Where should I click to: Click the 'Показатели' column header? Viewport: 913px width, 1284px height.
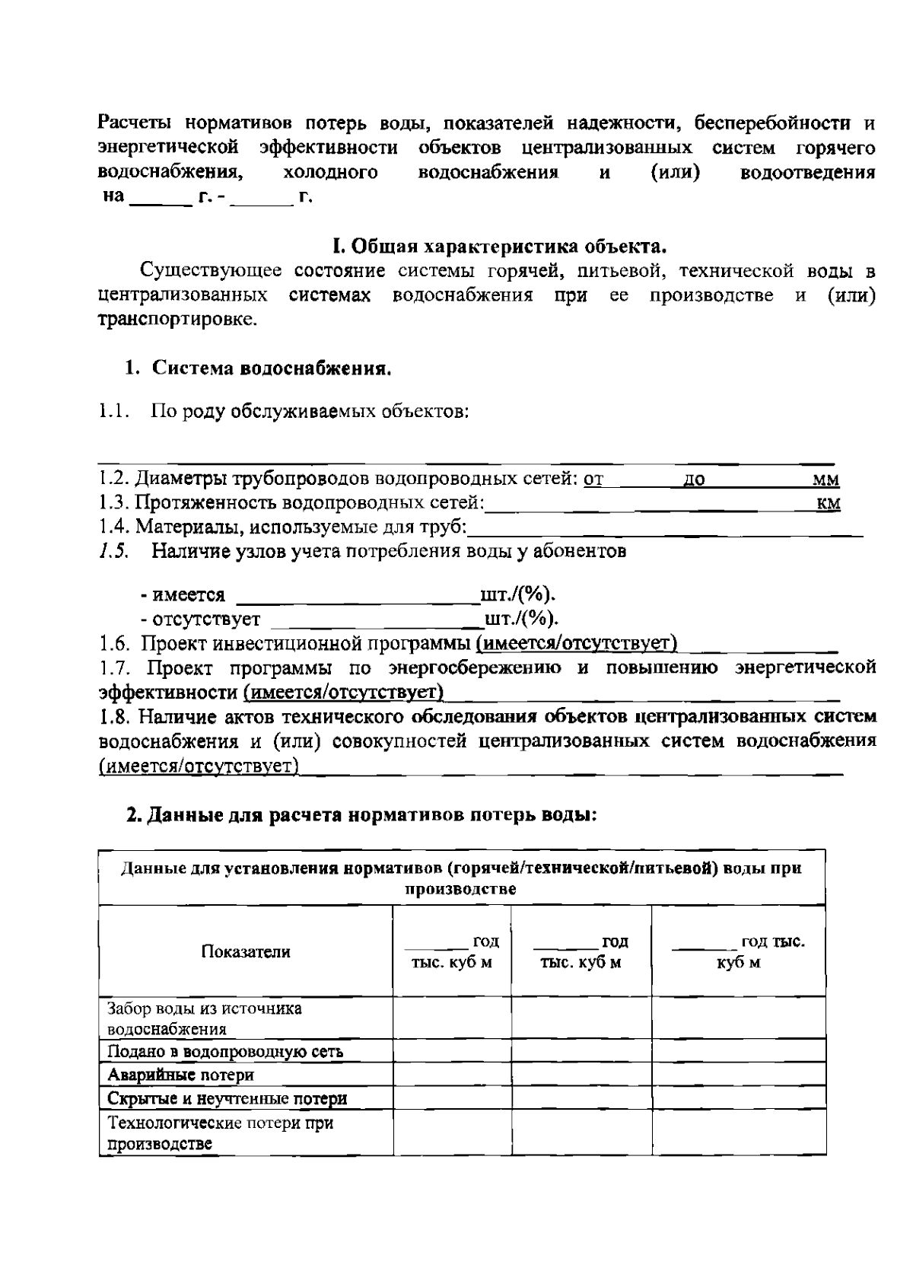pos(246,951)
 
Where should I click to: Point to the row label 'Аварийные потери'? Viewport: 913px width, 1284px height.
pos(181,1075)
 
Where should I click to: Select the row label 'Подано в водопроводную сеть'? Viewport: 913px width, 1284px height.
pos(225,1052)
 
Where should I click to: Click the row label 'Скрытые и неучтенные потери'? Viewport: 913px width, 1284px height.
pos(227,1098)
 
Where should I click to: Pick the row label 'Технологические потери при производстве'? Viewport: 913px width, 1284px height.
pos(220,1133)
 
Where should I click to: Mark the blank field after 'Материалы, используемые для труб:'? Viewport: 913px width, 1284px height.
pos(665,530)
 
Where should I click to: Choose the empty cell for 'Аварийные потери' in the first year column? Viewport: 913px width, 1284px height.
pos(452,1075)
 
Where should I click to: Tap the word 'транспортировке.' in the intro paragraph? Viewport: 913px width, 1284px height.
pos(178,320)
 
